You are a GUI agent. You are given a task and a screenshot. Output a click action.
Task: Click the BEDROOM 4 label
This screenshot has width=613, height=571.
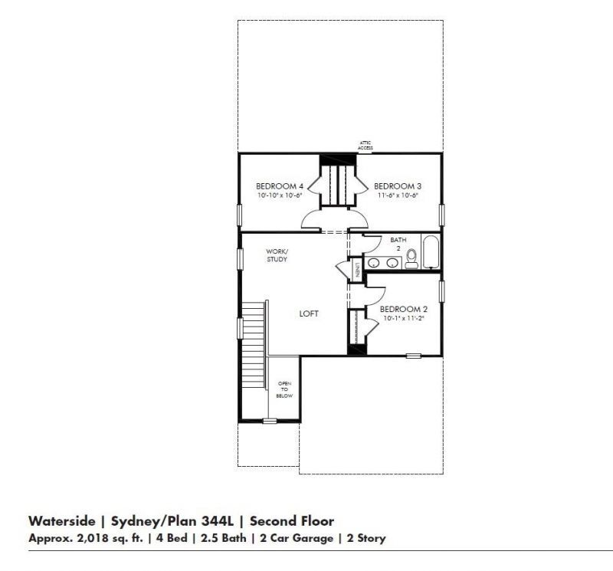tap(280, 186)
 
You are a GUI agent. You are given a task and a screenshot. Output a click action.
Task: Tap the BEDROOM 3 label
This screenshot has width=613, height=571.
tap(397, 186)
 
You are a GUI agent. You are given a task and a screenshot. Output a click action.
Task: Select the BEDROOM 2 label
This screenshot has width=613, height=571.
tap(404, 310)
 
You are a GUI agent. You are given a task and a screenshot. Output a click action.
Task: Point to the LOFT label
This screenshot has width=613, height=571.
tap(308, 313)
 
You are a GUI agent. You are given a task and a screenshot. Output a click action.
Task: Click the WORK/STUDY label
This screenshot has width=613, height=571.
tap(277, 255)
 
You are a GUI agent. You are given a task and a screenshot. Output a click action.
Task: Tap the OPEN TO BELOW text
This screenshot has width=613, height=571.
tap(284, 389)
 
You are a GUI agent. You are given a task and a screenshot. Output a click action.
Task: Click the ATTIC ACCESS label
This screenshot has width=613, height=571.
tap(366, 144)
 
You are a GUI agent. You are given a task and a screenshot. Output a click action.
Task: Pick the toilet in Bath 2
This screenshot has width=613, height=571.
tap(411, 258)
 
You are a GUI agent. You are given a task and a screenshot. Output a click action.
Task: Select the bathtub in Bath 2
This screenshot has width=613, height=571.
tap(430, 253)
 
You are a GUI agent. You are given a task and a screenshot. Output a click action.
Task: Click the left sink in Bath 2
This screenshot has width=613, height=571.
tap(374, 264)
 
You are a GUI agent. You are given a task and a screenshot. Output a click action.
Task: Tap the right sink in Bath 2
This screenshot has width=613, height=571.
tap(392, 264)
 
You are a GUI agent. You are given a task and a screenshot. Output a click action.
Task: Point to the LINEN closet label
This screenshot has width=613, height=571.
tap(357, 270)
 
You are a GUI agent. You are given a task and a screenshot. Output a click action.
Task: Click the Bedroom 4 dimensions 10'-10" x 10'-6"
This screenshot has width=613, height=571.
tap(280, 195)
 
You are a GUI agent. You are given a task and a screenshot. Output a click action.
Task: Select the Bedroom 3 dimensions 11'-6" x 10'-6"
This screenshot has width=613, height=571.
tap(397, 195)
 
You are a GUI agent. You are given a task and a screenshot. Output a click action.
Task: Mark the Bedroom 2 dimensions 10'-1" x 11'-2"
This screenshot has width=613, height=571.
tap(404, 319)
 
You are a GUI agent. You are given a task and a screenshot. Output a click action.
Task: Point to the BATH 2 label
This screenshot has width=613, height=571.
tap(398, 244)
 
